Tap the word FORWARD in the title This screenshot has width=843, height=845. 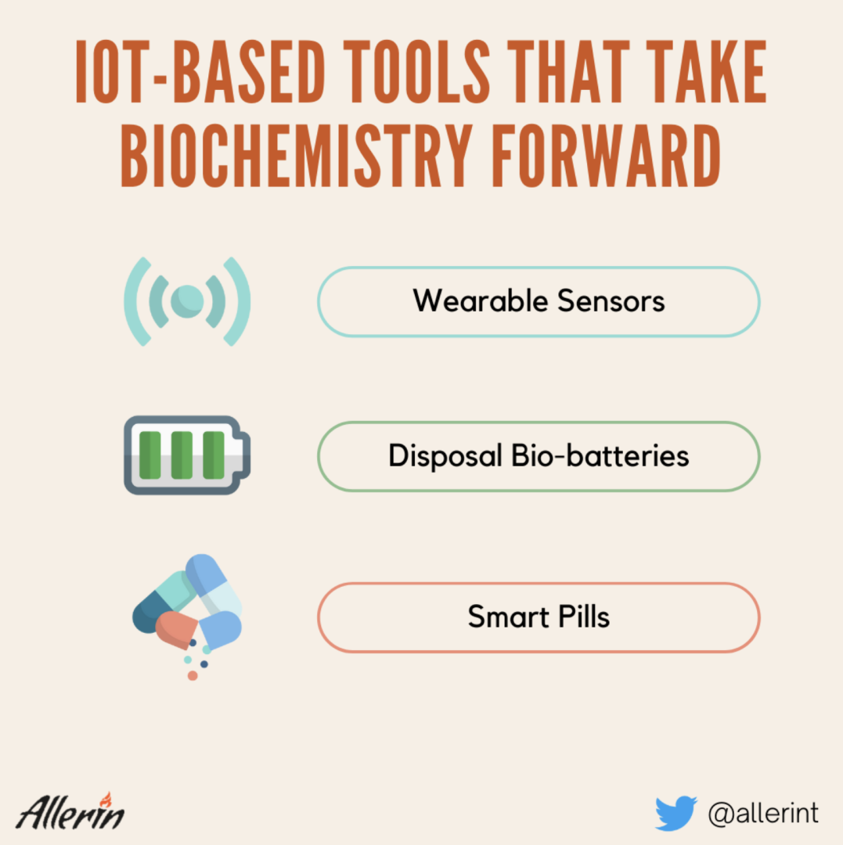pos(607,155)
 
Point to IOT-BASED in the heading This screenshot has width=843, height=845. pos(200,71)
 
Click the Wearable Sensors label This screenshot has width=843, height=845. pos(539,300)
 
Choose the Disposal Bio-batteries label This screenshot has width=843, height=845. pos(539,456)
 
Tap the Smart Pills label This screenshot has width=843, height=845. pos(539,617)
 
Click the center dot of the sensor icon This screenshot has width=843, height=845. pos(187,301)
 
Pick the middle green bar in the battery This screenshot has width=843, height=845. pos(182,455)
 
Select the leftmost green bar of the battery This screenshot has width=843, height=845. pos(150,455)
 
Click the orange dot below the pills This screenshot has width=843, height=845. pos(193,676)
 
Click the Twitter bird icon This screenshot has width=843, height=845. pos(676,813)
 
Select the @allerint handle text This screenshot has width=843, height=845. pos(763,813)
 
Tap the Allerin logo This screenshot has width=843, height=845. pos(70,811)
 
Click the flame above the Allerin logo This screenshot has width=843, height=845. pos(106,800)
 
